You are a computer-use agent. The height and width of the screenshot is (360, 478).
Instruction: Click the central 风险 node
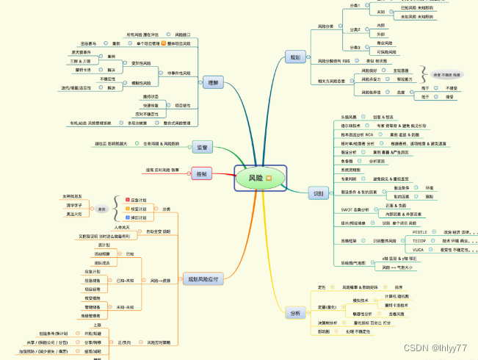[x=254, y=178]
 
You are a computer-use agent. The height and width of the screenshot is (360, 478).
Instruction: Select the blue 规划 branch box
[x=294, y=57]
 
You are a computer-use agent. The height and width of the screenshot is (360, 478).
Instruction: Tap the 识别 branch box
[x=318, y=193]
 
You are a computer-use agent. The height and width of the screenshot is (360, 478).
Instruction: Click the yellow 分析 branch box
[x=295, y=313]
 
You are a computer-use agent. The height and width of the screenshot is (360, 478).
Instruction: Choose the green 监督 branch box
[x=202, y=148]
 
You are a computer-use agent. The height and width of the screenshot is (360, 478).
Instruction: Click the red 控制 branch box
[x=200, y=173]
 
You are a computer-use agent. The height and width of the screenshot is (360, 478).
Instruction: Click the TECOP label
[x=419, y=240]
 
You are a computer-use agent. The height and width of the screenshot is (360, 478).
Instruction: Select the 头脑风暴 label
[x=349, y=117]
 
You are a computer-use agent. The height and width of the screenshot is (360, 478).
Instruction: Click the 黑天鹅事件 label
[x=82, y=52]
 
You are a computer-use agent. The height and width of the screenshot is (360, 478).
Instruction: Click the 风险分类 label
[x=325, y=27]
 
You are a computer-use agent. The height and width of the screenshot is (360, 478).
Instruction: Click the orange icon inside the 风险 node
[x=268, y=178]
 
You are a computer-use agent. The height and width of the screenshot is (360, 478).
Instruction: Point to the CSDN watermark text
[x=438, y=347]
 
